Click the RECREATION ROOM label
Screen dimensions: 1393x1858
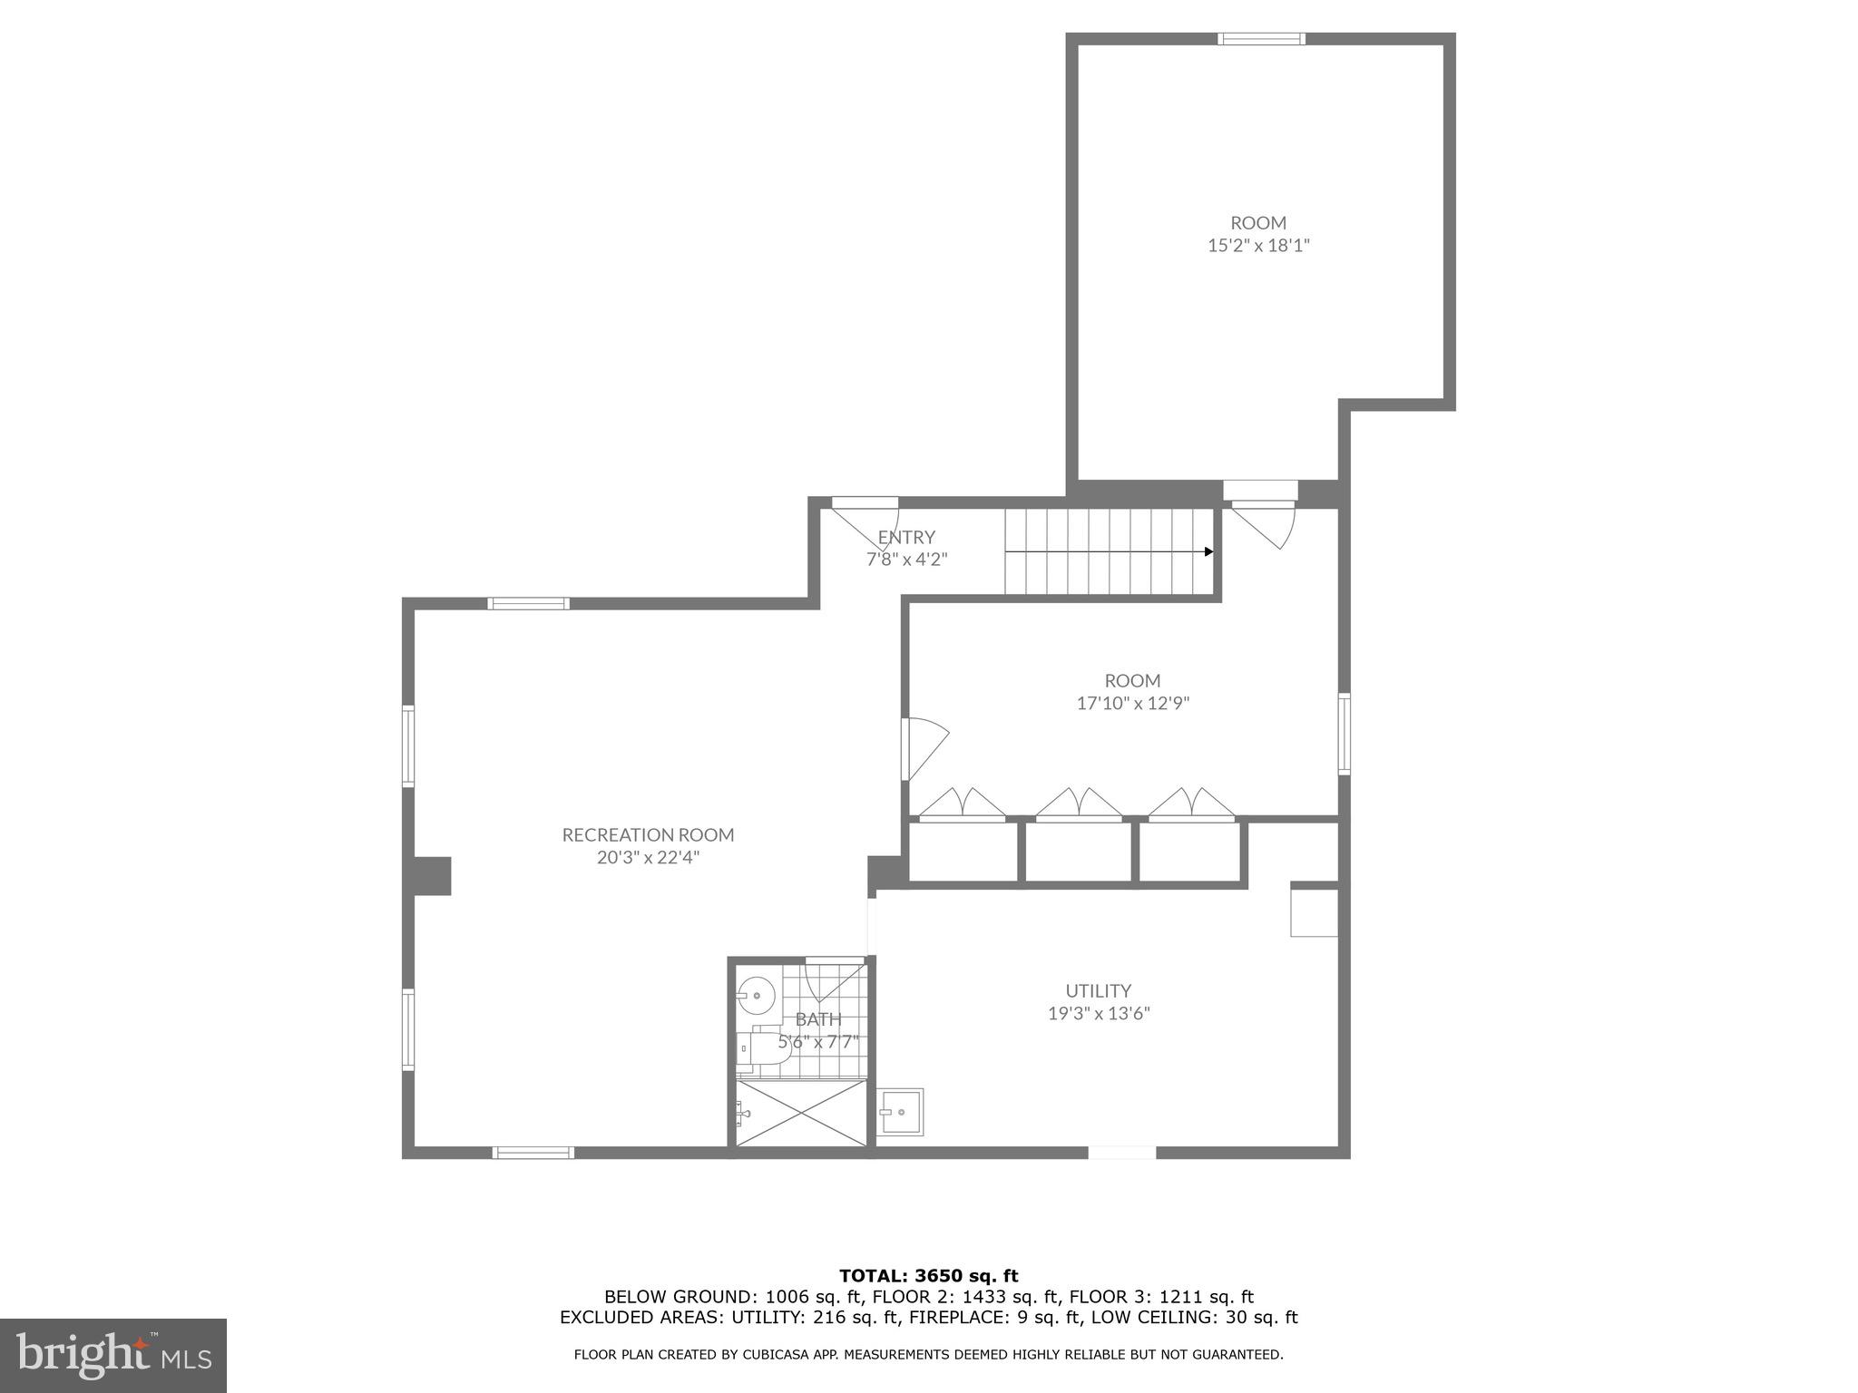click(x=648, y=834)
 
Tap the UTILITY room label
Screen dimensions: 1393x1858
click(x=1098, y=990)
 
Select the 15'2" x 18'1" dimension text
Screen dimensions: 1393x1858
click(x=1258, y=245)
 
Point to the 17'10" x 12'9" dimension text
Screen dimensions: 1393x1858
click(x=1132, y=703)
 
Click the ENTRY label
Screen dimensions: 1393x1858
click(x=905, y=537)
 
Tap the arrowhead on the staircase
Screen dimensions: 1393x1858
click(x=1208, y=551)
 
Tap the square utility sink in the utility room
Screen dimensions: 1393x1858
click(x=901, y=1111)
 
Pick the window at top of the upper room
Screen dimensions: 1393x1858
click(x=1261, y=38)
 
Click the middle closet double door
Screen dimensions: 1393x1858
click(x=1079, y=805)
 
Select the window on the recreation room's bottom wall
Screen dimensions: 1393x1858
click(x=533, y=1153)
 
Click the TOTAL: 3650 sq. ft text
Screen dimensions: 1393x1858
click(x=928, y=1276)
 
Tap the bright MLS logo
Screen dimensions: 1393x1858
click(x=113, y=1355)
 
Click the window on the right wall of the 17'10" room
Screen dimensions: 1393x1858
click(x=1345, y=734)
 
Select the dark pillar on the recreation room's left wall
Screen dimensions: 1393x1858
click(x=433, y=875)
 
